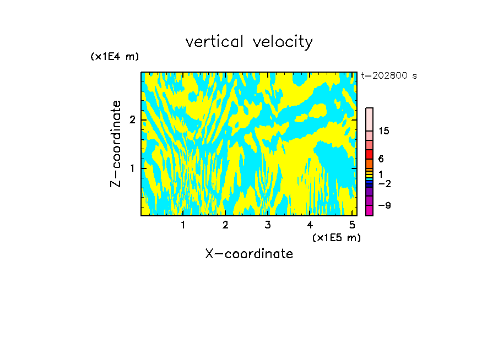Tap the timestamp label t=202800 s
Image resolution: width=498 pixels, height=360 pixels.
point(388,76)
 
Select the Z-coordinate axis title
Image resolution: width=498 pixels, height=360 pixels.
point(116,144)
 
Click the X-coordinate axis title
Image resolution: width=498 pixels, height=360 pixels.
point(249,254)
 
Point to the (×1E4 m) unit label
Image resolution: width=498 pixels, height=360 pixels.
point(115,57)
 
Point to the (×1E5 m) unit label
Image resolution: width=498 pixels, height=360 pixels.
point(336,237)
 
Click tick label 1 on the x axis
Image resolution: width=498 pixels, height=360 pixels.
point(183,225)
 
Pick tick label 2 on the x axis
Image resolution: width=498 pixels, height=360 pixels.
point(225,225)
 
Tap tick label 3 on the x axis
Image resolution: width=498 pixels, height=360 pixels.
point(268,225)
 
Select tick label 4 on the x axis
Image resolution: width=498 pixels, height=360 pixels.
point(310,225)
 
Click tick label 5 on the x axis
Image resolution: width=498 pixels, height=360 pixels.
point(352,225)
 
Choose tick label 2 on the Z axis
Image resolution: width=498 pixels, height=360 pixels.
point(132,119)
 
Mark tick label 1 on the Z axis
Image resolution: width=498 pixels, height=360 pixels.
point(132,167)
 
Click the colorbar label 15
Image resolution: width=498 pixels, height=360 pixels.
point(385,132)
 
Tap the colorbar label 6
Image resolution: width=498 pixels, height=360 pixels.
point(381,159)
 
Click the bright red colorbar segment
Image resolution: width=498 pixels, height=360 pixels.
point(369,155)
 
